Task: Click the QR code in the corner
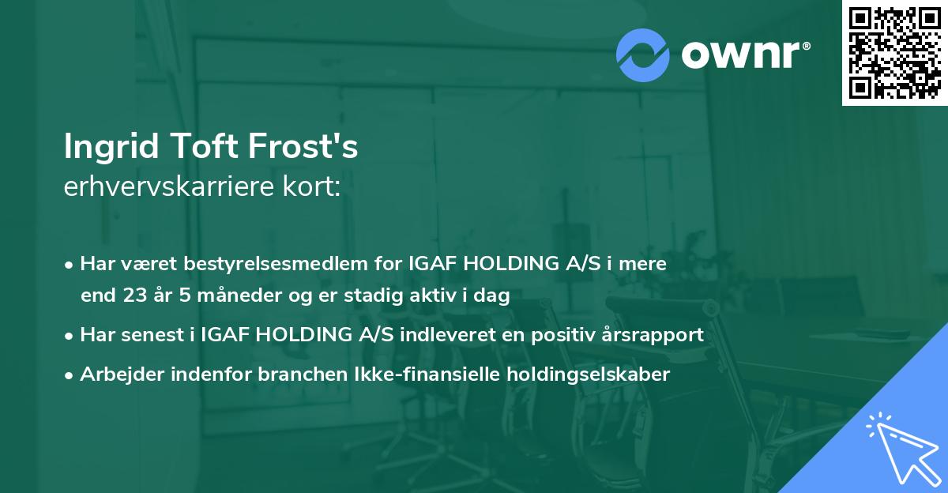(x=894, y=52)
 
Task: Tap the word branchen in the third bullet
(x=292, y=374)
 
